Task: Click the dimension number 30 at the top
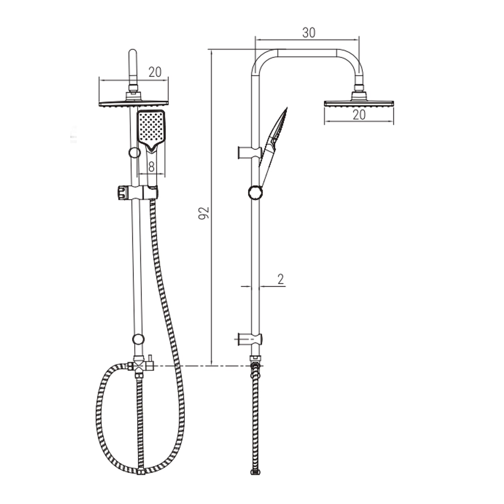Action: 308,33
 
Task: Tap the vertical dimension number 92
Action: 204,213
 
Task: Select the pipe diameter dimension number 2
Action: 281,279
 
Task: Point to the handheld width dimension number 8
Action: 151,167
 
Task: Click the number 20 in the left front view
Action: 155,72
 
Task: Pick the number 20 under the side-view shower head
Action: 359,115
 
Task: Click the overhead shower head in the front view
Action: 133,103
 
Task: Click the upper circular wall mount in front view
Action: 134,153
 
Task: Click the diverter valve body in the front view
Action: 138,366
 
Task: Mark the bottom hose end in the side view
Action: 256,472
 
